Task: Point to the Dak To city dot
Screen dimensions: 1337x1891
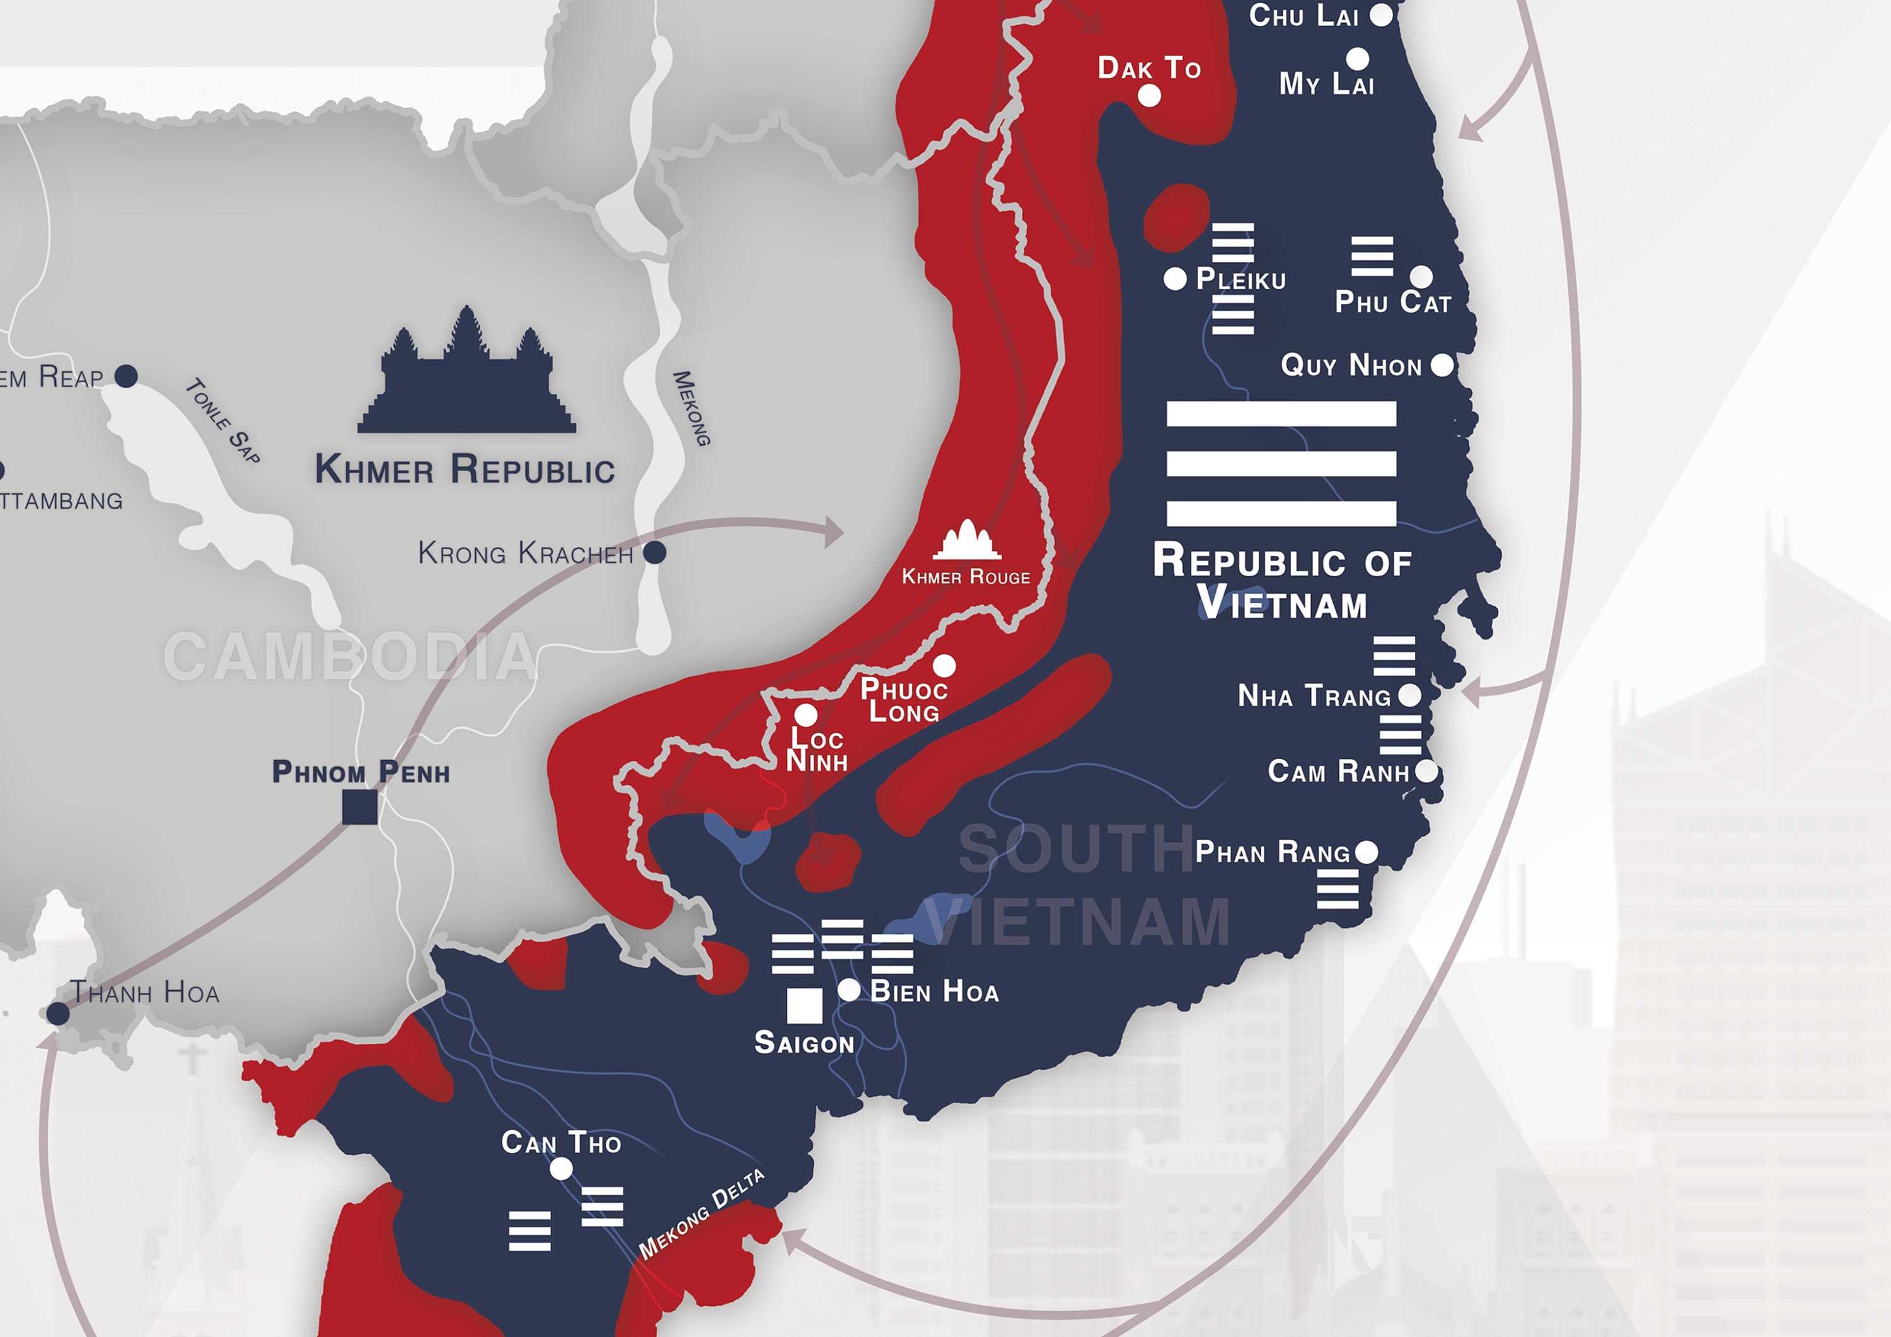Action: pyautogui.click(x=1149, y=96)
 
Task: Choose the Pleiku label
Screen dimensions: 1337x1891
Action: pyautogui.click(x=1240, y=280)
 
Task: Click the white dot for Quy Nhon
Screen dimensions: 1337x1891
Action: pyautogui.click(x=1442, y=365)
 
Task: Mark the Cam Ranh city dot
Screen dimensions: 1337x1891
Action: pyautogui.click(x=1426, y=772)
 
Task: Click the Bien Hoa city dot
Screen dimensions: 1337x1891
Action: pyautogui.click(x=849, y=990)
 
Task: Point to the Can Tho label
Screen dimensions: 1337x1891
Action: pyautogui.click(x=561, y=1143)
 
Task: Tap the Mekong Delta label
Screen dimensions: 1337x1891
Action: pyautogui.click(x=702, y=1213)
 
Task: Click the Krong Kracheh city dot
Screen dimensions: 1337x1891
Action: pyautogui.click(x=655, y=552)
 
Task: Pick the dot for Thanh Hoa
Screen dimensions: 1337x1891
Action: pyautogui.click(x=57, y=1013)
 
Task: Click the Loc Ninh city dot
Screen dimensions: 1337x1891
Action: pyautogui.click(x=806, y=714)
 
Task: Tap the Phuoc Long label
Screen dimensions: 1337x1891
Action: pyautogui.click(x=903, y=700)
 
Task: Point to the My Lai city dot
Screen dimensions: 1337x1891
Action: pyautogui.click(x=1357, y=59)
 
